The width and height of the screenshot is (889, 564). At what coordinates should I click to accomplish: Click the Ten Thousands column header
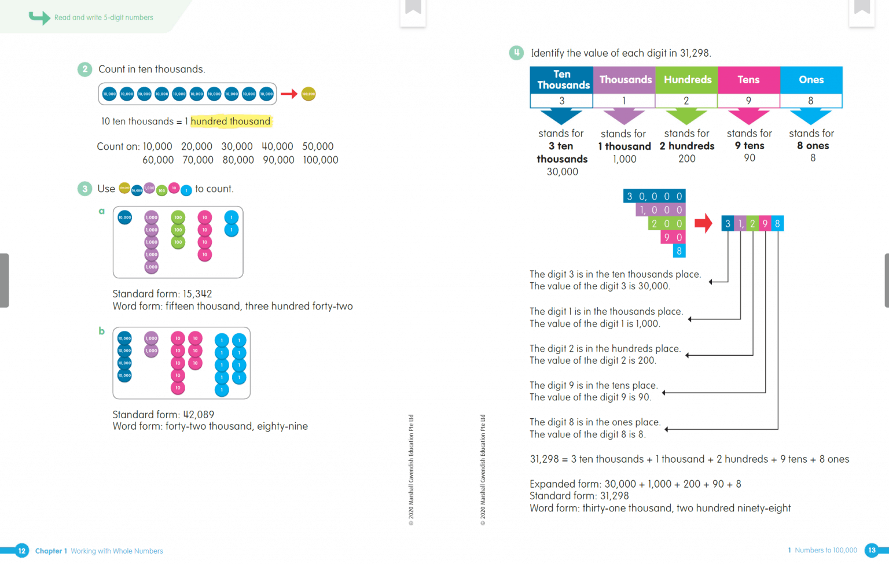561,80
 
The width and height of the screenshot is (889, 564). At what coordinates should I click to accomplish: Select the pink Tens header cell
748,80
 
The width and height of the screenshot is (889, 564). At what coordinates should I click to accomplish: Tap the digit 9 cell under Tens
748,101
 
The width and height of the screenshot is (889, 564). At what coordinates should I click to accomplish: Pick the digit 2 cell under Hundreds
686,101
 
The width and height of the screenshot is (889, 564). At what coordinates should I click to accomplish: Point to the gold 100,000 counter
308,94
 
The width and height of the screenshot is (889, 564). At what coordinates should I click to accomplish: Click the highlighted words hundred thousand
230,121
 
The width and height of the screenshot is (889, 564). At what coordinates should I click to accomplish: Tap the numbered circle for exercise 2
85,69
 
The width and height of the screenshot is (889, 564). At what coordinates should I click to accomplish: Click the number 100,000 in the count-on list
321,160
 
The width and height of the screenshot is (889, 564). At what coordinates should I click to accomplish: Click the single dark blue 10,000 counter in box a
124,218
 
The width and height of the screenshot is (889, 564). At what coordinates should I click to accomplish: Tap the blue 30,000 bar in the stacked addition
654,197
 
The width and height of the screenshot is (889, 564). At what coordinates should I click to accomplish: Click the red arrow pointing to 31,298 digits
703,223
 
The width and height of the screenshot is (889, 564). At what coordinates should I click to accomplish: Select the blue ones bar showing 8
679,251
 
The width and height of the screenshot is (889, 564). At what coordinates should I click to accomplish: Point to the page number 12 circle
21,551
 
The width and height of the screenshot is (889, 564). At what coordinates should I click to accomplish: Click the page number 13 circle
872,550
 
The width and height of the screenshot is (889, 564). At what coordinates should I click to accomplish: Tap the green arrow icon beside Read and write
39,17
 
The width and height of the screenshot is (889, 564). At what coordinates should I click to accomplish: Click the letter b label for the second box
102,331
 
